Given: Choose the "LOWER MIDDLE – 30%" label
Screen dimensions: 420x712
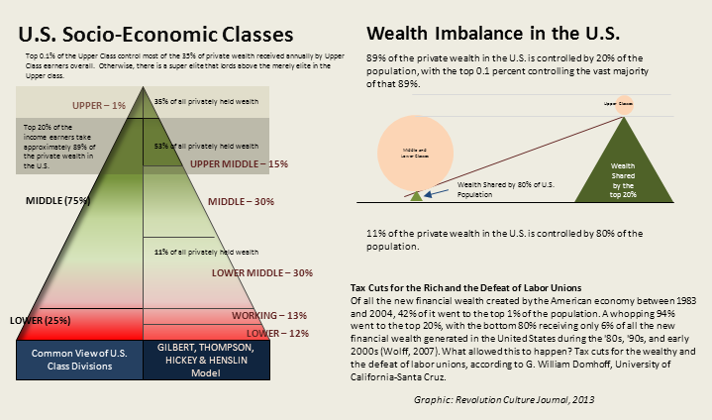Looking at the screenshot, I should [x=261, y=272].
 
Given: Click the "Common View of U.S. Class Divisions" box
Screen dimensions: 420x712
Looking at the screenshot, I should [x=79, y=360].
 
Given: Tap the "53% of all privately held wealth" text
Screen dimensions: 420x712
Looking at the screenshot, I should [x=204, y=146].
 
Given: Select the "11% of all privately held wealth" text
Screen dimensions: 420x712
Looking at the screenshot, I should [x=205, y=253].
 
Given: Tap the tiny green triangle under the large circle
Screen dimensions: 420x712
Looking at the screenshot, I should [x=417, y=196].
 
